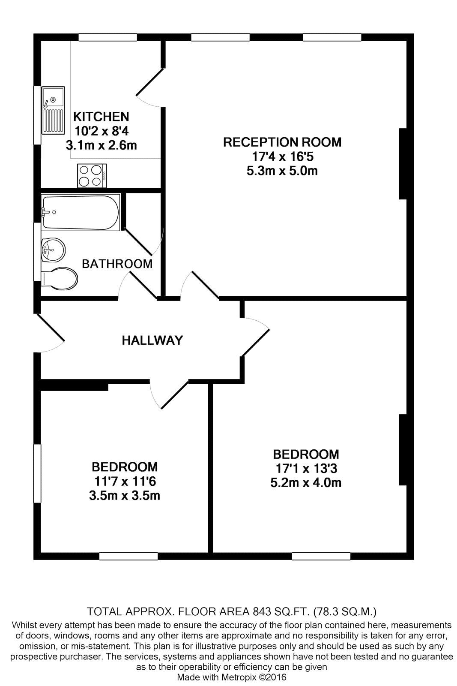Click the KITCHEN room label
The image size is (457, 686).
tap(101, 117)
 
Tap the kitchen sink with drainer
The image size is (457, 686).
tap(54, 110)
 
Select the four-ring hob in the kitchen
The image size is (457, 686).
tap(92, 175)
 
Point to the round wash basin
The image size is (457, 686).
tap(53, 250)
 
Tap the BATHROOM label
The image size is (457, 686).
tap(117, 264)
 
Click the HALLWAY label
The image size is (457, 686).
tap(152, 340)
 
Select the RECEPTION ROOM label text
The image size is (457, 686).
tap(282, 142)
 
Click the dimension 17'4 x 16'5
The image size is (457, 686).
tap(283, 156)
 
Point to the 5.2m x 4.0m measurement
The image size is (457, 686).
tap(306, 483)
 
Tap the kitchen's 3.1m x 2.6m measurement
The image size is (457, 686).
tap(101, 145)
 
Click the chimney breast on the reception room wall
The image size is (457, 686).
tap(403, 164)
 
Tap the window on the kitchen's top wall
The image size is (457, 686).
tap(108, 37)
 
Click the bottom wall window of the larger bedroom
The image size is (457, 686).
tap(321, 556)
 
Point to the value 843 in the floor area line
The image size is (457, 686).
tap(262, 611)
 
